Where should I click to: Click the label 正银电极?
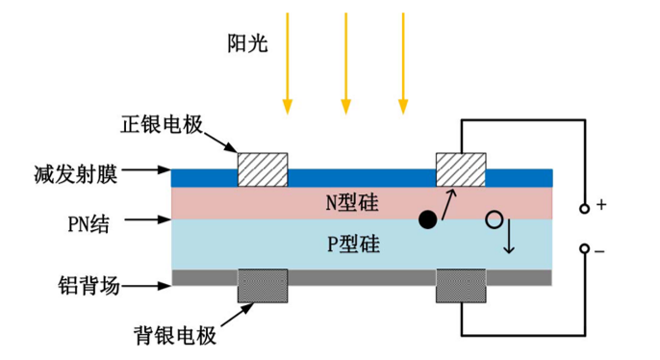[159, 126]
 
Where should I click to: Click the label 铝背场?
[88, 285]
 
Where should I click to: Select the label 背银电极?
[175, 336]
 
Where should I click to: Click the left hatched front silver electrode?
[263, 170]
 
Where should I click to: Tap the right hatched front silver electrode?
[461, 170]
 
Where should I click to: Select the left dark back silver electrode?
[263, 286]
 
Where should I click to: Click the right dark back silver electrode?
[461, 286]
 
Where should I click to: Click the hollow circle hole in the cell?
[495, 219]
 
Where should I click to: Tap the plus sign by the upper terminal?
[601, 205]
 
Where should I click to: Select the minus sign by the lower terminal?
[600, 251]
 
